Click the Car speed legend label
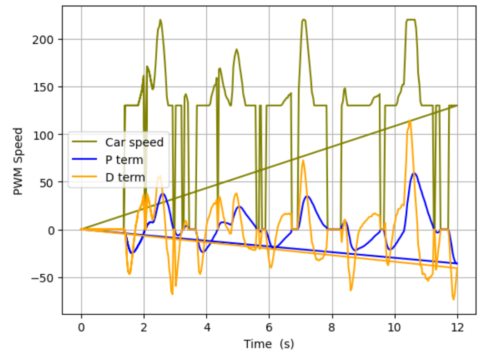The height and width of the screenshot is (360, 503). tap(134, 142)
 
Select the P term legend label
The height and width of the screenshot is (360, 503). tap(124, 160)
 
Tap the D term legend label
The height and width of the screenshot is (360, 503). tap(125, 177)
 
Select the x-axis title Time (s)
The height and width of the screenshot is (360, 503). tap(269, 344)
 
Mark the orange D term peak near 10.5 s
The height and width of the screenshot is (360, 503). tap(410, 121)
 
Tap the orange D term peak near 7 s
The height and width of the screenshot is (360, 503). tap(303, 160)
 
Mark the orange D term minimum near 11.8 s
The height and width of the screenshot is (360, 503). tap(453, 300)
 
